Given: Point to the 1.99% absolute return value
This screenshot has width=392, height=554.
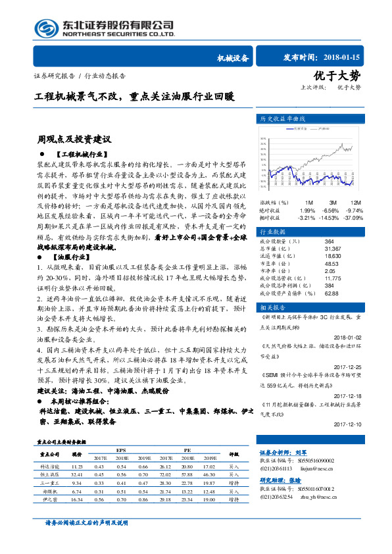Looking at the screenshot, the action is pyautogui.click(x=307, y=210).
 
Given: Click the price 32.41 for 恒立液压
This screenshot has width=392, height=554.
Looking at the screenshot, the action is pyautogui.click(x=77, y=474).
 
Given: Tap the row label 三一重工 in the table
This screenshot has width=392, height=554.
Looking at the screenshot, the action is pyautogui.click(x=50, y=482).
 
